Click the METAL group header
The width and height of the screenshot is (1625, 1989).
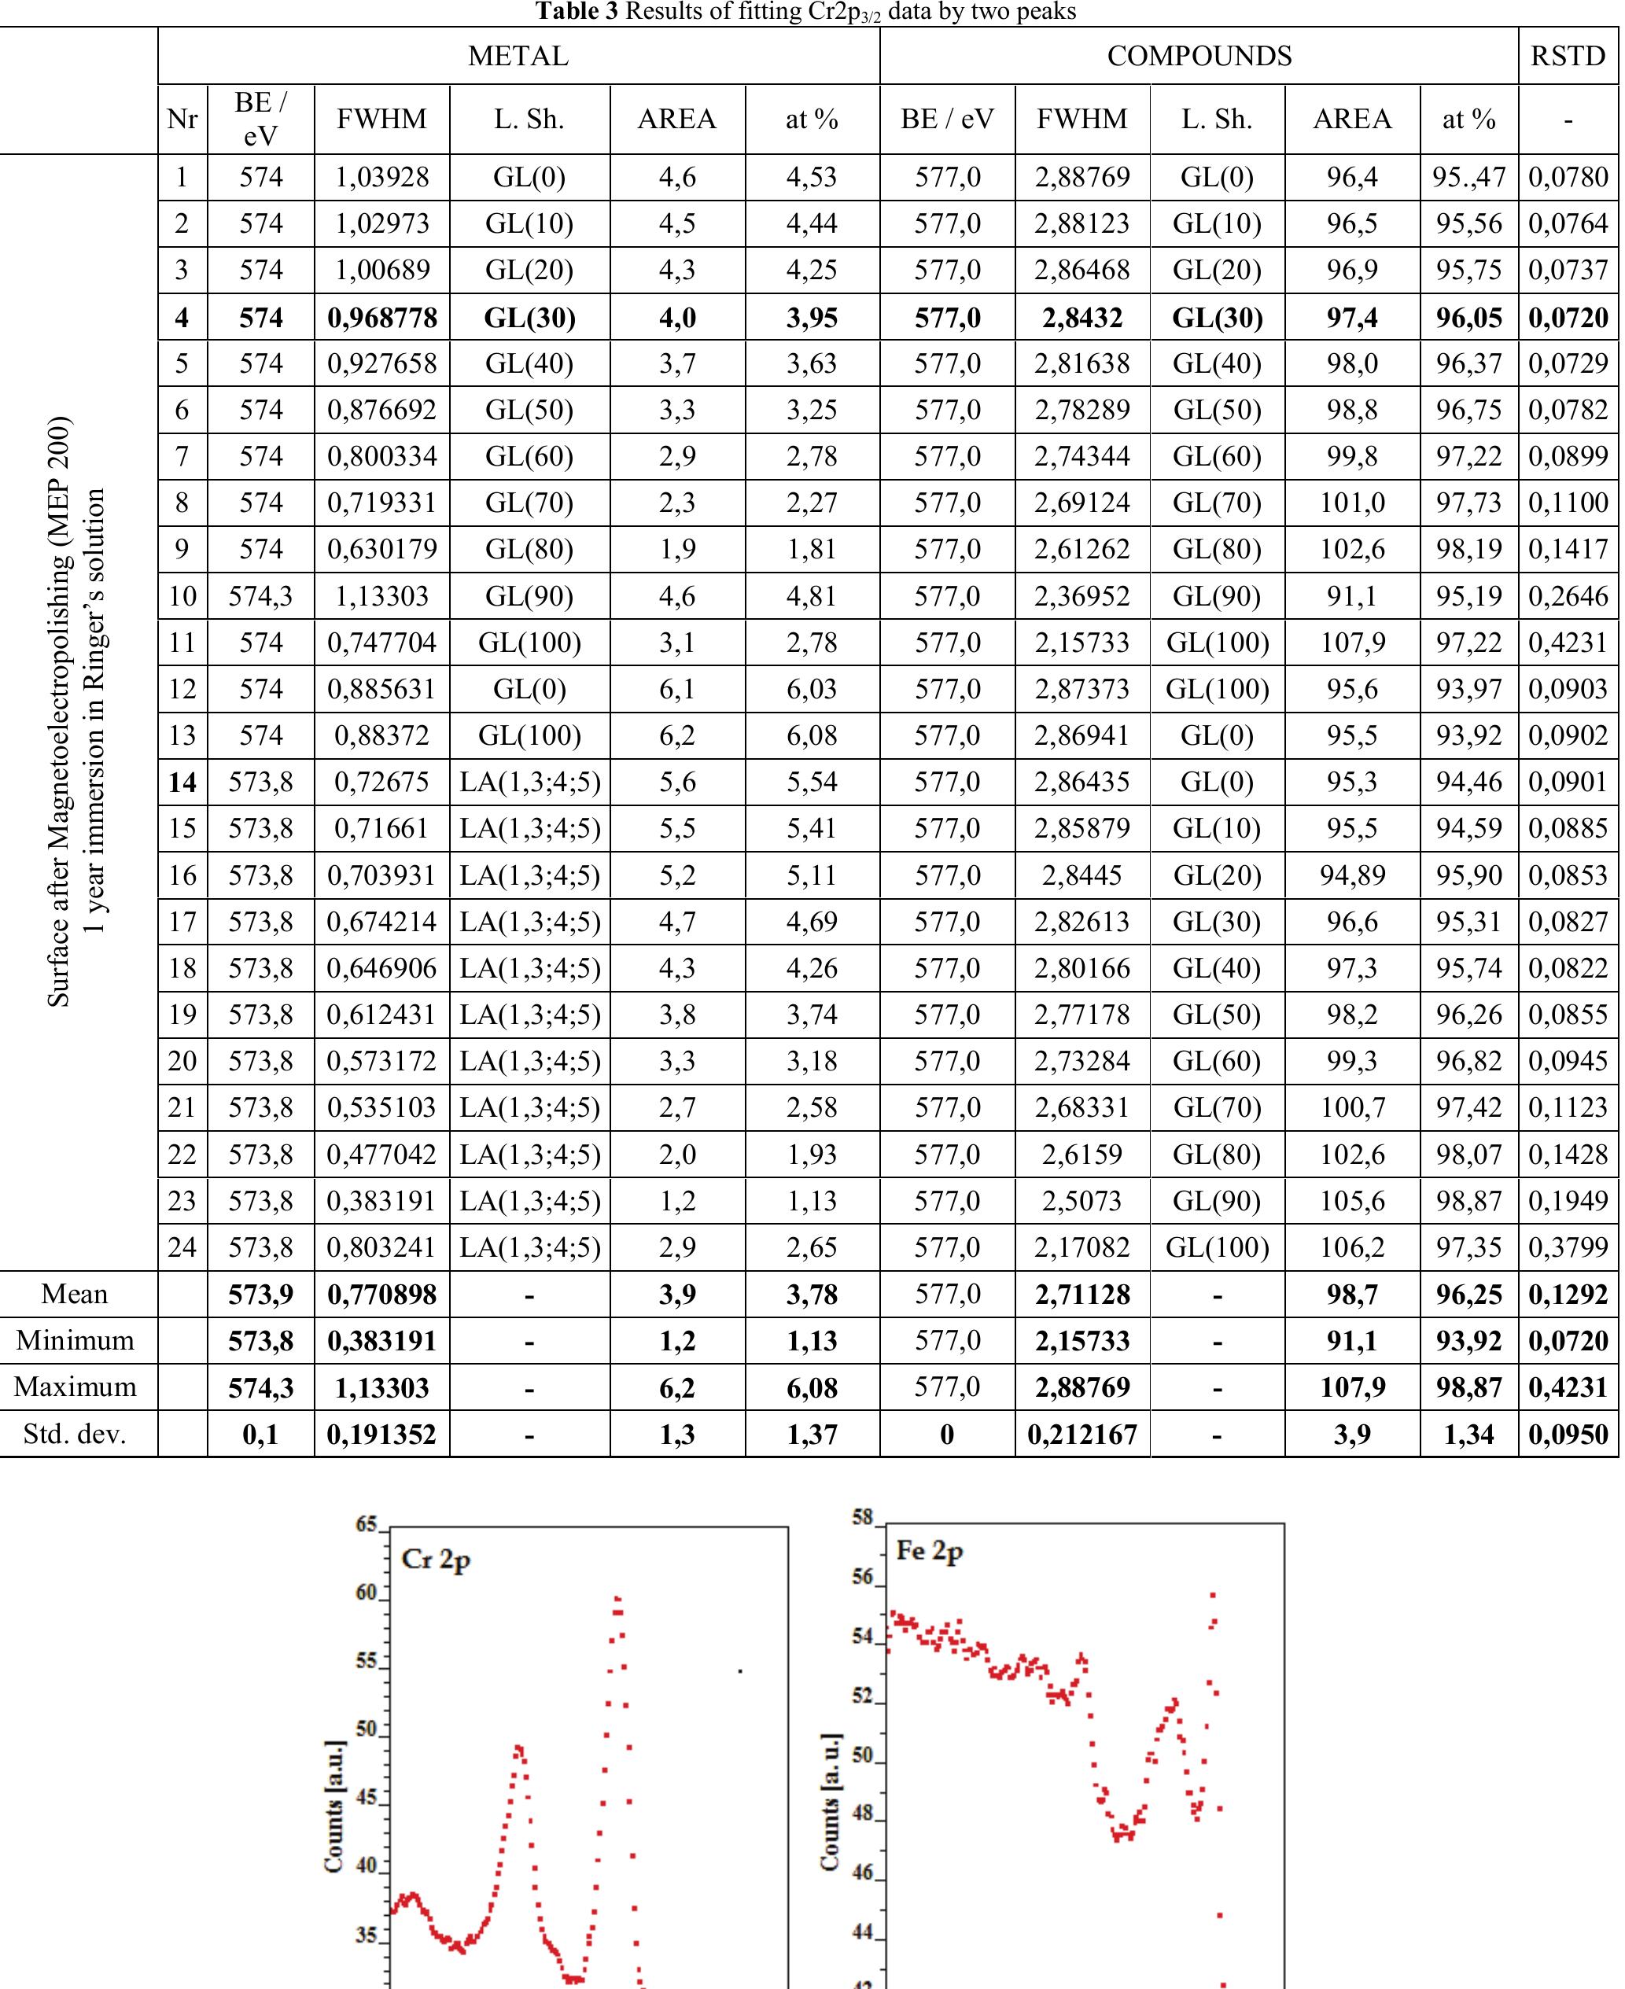click(518, 56)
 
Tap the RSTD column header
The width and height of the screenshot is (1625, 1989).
click(1567, 56)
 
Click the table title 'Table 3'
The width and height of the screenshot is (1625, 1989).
click(577, 11)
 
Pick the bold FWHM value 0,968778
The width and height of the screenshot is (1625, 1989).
click(382, 317)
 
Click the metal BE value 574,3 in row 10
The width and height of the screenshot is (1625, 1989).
click(260, 596)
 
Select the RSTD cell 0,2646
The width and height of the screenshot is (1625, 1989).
click(1568, 596)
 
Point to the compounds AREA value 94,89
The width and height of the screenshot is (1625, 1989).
click(1351, 875)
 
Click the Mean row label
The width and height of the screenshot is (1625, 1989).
click(75, 1294)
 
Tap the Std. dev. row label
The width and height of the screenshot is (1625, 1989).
click(75, 1434)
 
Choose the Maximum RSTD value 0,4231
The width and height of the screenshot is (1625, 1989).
click(1568, 1387)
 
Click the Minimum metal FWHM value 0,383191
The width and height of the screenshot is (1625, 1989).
click(382, 1340)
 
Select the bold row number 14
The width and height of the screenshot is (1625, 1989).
click(182, 782)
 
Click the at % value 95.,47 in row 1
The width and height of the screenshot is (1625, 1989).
click(1468, 177)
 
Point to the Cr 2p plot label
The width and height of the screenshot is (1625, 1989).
click(435, 1559)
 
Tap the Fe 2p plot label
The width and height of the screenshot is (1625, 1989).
click(929, 1551)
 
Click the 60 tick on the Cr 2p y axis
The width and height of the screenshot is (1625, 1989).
click(366, 1593)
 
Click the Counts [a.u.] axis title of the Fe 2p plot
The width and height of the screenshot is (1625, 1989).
click(829, 1802)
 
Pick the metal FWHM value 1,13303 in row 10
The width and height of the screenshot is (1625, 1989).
click(382, 596)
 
